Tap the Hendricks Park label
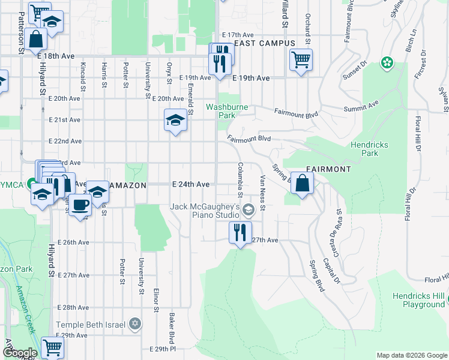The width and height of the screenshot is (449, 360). tap(370, 149)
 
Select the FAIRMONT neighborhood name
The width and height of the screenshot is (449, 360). tap(328, 169)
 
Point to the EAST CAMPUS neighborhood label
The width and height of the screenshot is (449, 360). tap(264, 43)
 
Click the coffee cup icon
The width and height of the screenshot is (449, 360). tap(79, 205)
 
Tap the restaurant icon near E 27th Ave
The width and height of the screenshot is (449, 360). tap(241, 232)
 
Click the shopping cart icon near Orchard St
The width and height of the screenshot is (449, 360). tap(301, 59)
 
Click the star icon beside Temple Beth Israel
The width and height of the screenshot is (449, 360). tap(135, 325)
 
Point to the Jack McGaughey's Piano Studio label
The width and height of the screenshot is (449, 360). tap(205, 211)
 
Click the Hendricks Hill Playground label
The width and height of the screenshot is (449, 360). tap(419, 300)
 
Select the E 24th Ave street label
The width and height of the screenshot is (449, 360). tap(190, 184)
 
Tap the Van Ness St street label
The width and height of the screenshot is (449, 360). tap(263, 189)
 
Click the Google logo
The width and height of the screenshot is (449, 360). tap(19, 353)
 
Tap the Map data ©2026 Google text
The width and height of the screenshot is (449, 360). tap(411, 355)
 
